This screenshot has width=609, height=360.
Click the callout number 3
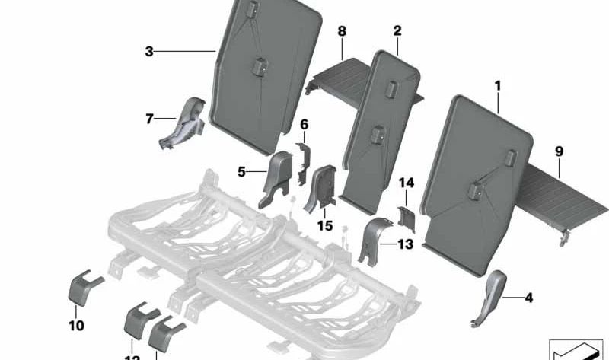[149, 52]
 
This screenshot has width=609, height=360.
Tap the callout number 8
[342, 31]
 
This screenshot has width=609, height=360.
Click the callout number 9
[560, 151]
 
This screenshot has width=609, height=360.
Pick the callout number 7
[149, 118]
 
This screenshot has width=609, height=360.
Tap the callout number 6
[304, 124]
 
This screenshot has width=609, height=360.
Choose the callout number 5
[241, 172]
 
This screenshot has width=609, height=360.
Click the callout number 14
[407, 183]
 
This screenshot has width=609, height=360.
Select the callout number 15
[325, 225]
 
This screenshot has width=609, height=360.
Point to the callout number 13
[405, 244]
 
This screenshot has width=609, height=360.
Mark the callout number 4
[528, 297]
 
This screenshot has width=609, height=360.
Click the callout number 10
[78, 327]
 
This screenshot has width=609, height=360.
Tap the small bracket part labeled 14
[405, 218]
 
